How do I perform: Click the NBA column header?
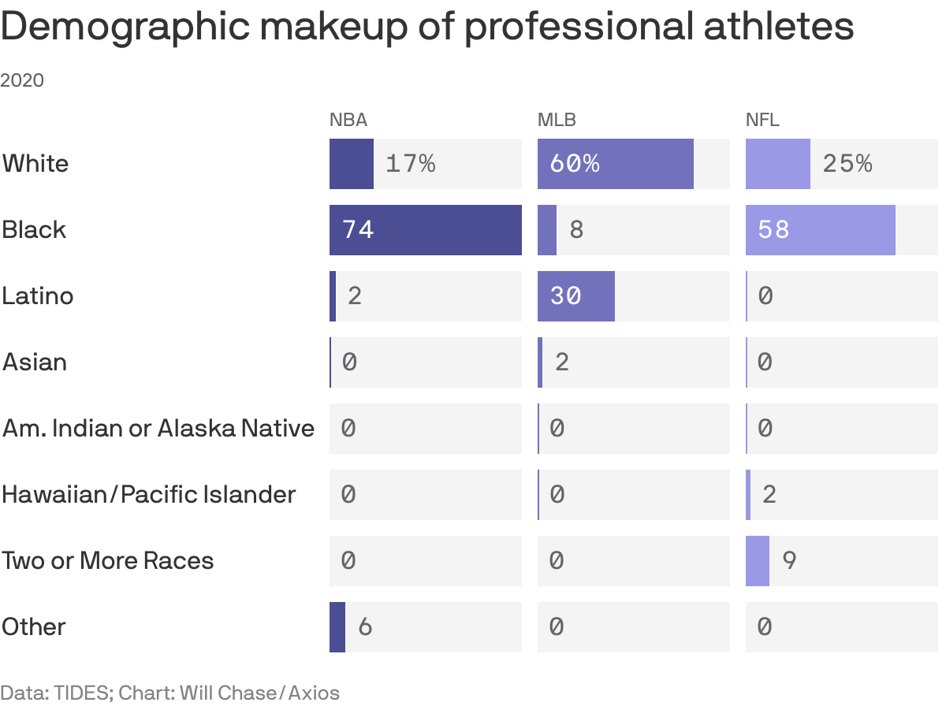click(x=348, y=120)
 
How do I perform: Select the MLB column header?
click(x=557, y=120)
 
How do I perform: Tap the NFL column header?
click(x=762, y=120)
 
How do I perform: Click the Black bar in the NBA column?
click(x=426, y=230)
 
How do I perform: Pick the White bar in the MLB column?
click(x=615, y=164)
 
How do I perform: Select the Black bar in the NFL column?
click(x=820, y=230)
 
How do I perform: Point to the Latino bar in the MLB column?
click(x=575, y=296)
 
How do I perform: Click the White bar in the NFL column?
click(x=778, y=164)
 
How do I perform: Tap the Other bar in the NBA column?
click(x=337, y=627)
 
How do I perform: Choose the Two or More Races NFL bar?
click(x=757, y=561)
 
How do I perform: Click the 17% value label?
click(x=410, y=164)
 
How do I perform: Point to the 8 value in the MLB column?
click(x=576, y=230)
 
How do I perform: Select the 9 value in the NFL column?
click(x=789, y=561)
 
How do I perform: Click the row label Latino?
click(x=37, y=296)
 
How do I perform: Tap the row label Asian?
click(x=35, y=362)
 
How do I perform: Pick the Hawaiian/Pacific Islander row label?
click(x=149, y=495)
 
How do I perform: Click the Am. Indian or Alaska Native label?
click(x=158, y=429)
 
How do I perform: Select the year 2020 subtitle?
click(x=22, y=80)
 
